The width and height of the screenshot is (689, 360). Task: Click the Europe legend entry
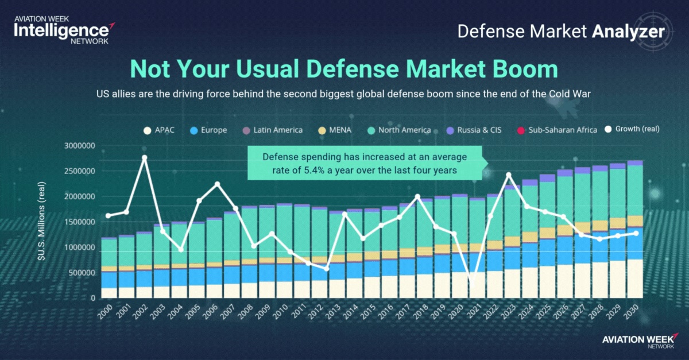coord(209,130)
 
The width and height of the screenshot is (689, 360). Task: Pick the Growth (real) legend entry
coord(632,129)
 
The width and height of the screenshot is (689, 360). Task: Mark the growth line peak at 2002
coord(144,157)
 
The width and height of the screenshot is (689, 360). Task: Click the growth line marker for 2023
coord(509,175)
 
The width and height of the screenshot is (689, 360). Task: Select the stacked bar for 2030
coord(634,230)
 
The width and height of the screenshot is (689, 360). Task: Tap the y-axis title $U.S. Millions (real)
coord(42,222)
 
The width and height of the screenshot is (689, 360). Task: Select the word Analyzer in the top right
coord(629,32)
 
